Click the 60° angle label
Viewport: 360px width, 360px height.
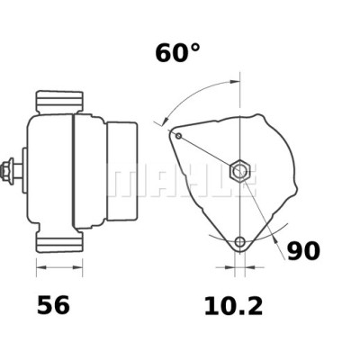coord(177,53)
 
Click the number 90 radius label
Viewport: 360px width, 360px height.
coord(302,251)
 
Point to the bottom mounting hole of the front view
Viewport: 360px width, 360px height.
coord(239,242)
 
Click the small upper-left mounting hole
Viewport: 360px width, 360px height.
coord(178,136)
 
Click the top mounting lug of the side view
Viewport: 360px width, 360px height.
coord(58,98)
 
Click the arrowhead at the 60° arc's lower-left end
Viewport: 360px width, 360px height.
coord(161,121)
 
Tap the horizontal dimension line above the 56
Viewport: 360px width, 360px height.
coord(58,267)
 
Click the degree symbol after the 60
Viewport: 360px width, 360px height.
coord(193,47)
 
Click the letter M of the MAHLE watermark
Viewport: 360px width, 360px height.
coord(121,180)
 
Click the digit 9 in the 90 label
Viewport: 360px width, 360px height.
coord(294,251)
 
